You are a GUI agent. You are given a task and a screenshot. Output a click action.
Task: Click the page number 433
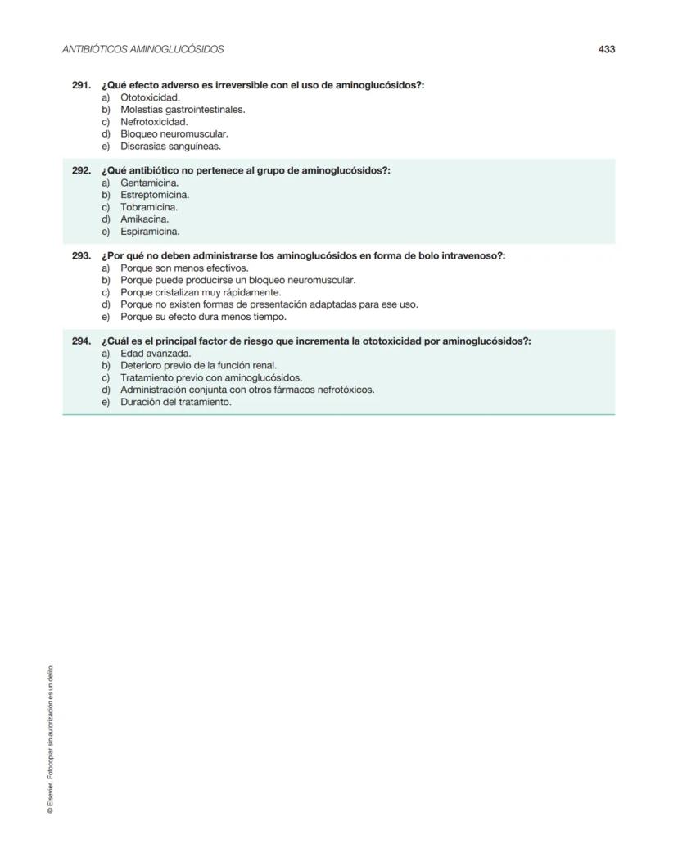tap(606, 49)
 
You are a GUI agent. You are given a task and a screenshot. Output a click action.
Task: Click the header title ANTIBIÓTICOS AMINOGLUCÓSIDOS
tap(143, 49)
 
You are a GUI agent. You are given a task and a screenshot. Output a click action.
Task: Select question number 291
tap(81, 85)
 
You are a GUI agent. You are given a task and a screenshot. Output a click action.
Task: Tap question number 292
tap(81, 170)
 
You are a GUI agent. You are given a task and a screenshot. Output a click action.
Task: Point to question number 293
tap(81, 256)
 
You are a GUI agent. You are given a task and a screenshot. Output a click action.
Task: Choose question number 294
tap(81, 341)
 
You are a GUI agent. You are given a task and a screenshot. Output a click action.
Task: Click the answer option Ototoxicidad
tap(150, 97)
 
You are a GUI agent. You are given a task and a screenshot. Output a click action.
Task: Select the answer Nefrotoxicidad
tap(154, 122)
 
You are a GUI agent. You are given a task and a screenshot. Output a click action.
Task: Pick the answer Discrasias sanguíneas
tap(170, 147)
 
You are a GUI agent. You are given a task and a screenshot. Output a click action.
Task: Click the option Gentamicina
tap(149, 183)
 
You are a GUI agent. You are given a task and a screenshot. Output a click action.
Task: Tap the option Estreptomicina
tap(155, 195)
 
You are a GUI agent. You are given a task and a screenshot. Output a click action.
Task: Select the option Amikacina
tap(145, 219)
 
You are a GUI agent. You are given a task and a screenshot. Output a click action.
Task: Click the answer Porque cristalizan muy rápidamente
tap(201, 292)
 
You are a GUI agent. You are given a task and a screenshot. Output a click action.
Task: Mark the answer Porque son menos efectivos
tap(183, 268)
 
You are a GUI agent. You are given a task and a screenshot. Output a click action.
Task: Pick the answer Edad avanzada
tap(156, 354)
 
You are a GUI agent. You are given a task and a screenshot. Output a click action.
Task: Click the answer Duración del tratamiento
tap(175, 402)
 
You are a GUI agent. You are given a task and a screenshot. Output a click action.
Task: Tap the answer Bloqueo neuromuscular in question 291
tap(174, 134)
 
